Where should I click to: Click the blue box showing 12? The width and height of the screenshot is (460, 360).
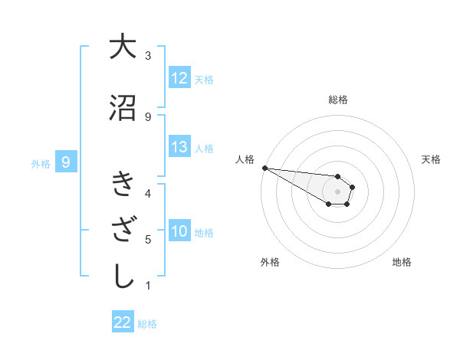179,78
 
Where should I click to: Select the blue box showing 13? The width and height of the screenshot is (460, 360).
179,147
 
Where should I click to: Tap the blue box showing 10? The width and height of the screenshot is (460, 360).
179,231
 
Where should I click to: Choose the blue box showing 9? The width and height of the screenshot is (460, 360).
67,162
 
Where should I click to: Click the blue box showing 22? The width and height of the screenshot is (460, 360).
123,322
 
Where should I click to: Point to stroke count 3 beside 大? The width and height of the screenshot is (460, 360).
148,56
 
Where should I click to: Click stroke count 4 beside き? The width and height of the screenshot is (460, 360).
148,193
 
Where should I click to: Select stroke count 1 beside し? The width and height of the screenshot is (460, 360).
148,286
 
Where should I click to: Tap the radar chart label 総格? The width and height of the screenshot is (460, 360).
337,100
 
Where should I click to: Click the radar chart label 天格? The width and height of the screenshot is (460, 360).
431,159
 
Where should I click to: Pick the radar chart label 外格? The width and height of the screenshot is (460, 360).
270,262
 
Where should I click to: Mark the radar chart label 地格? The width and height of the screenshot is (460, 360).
402,262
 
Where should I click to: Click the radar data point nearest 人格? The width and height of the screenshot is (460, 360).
264,168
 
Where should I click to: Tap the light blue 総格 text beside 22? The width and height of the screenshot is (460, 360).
147,323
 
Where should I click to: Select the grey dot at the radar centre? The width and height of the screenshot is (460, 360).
337,191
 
